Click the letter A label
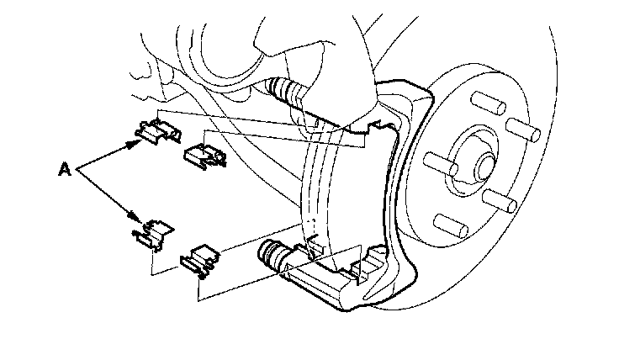pos(64,169)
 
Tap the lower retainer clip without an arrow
pos(200,257)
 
